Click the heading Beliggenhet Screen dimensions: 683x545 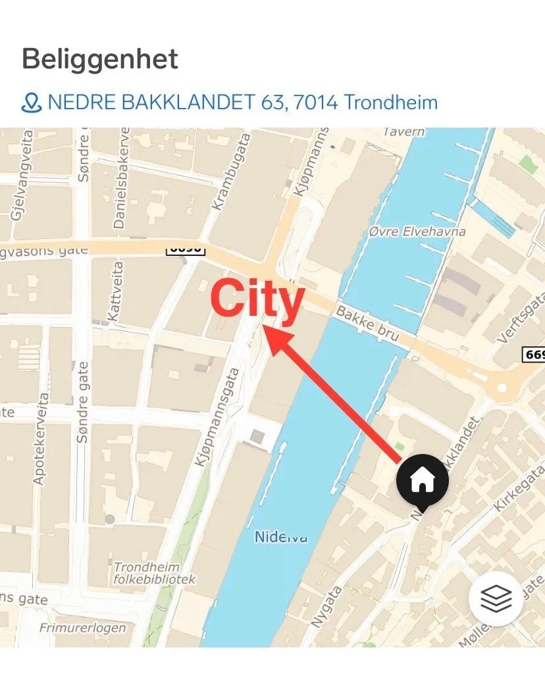click(100, 59)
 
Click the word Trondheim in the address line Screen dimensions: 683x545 click(390, 103)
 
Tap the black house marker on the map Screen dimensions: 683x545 click(422, 481)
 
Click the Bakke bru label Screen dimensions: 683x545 click(367, 322)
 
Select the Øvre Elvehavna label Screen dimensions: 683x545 click(417, 232)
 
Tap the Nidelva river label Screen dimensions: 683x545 click(281, 538)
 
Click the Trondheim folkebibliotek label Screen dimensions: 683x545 click(155, 573)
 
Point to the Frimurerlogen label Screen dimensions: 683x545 click(82, 628)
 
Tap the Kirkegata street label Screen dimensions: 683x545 click(519, 488)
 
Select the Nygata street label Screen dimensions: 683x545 click(326, 606)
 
